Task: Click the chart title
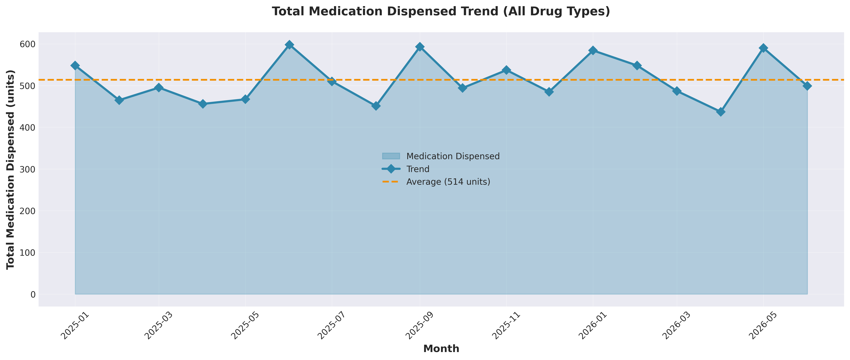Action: [441, 12]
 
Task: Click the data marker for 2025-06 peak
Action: [289, 45]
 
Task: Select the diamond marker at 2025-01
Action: [75, 65]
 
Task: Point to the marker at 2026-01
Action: [593, 50]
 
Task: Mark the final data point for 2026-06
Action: [807, 86]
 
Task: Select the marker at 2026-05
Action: [763, 48]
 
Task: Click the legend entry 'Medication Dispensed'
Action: [453, 156]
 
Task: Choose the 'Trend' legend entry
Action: [418, 169]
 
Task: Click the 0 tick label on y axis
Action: [32, 294]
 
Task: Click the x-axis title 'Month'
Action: [441, 349]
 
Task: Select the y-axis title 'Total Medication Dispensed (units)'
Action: [11, 169]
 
